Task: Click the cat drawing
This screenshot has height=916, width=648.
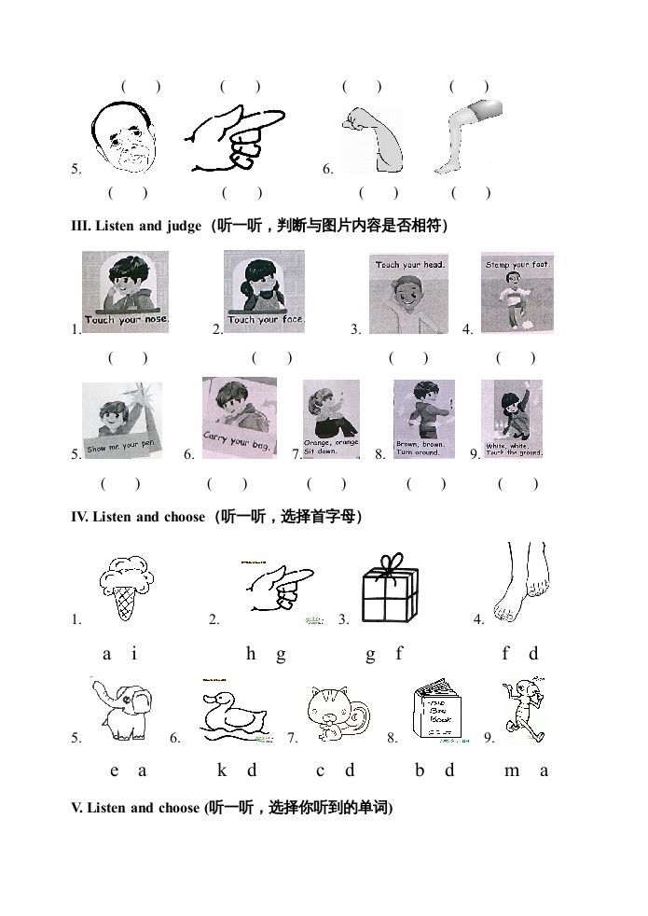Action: coord(338,715)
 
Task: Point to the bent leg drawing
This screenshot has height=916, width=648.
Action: coord(466,140)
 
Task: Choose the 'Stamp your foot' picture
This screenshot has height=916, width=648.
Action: coord(517,292)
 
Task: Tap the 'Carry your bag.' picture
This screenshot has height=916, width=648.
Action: coord(240,417)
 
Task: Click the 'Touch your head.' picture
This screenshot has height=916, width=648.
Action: coord(408,293)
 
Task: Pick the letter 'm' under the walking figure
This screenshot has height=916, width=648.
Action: coord(512,770)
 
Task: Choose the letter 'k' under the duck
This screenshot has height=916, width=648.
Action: coord(222,770)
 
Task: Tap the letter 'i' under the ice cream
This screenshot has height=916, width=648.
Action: coord(134,654)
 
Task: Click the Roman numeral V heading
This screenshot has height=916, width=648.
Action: coord(76,808)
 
